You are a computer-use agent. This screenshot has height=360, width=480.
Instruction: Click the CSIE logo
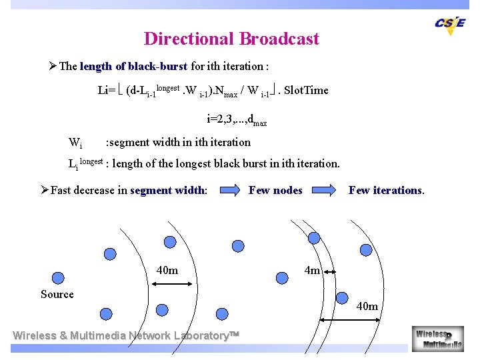tap(451, 24)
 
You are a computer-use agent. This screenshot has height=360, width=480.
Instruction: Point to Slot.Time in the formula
tap(306, 90)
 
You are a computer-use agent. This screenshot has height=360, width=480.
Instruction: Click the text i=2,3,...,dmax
tap(237, 120)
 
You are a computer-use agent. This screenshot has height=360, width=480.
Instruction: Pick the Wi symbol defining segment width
tap(75, 143)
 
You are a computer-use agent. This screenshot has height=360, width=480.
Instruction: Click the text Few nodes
tap(275, 191)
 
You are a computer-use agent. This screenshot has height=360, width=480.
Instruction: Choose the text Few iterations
tap(386, 191)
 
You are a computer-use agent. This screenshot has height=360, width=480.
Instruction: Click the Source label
tap(57, 294)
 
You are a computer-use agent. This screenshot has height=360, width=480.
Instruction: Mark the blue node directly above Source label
tap(58, 278)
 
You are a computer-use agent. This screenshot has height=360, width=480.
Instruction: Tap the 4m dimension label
tap(312, 270)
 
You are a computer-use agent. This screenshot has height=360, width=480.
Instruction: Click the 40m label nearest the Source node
tap(167, 270)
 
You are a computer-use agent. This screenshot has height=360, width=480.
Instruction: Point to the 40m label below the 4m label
tap(367, 306)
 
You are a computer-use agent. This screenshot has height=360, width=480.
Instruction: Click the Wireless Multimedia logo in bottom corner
tap(438, 339)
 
